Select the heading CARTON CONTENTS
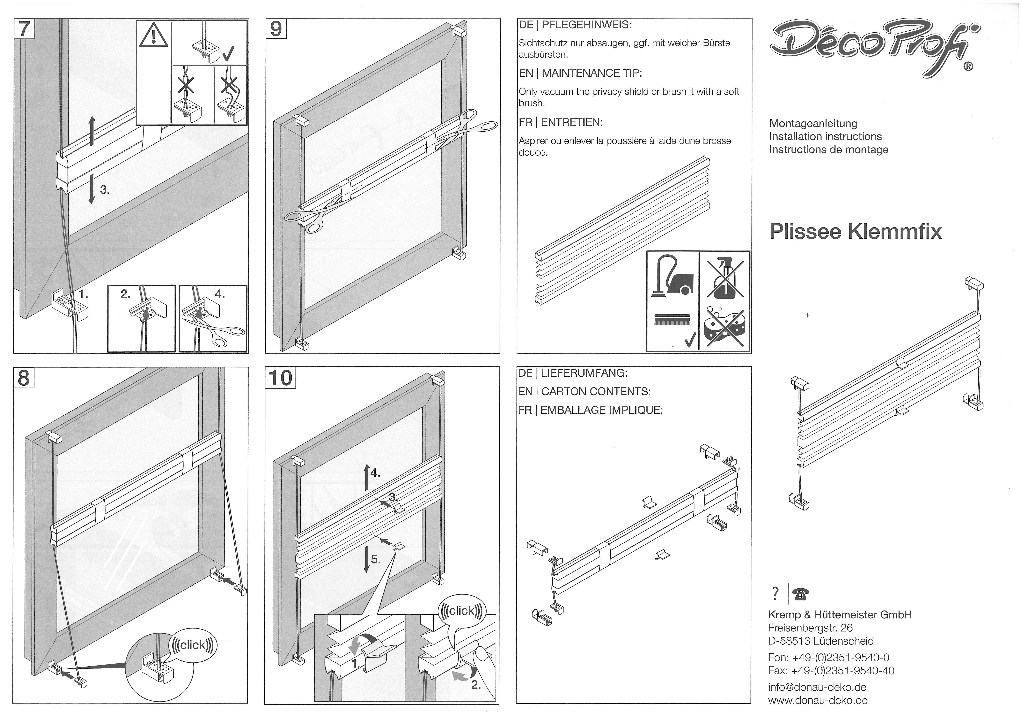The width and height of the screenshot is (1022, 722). (596, 391)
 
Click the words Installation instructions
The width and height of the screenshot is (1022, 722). (825, 137)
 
